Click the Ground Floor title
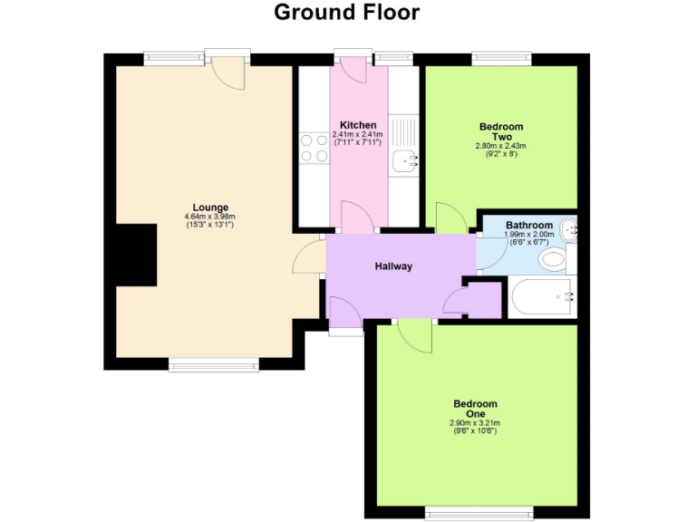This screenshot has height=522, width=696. tap(347, 13)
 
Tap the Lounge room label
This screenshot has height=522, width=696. tap(210, 207)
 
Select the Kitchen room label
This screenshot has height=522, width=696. tap(358, 125)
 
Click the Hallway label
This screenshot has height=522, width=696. tap(394, 266)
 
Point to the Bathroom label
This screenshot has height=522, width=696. tap(528, 225)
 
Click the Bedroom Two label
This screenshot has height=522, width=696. tap(501, 131)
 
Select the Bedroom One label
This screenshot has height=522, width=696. tap(475, 409)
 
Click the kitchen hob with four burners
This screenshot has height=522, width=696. tap(314, 148)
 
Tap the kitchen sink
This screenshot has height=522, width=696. tap(404, 160)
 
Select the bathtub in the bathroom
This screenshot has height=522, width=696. tap(542, 296)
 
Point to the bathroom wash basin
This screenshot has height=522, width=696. tap(569, 230)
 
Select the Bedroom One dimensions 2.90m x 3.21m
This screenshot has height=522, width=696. tap(475, 423)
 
